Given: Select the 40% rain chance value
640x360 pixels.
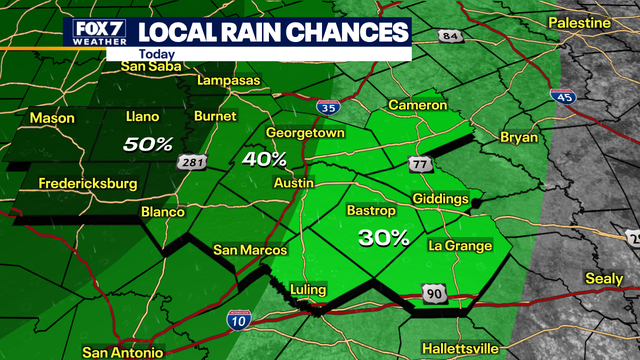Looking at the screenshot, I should click(x=264, y=159).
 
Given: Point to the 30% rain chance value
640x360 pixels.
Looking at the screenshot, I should click(x=384, y=238).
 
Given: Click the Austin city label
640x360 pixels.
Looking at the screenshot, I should click(x=293, y=183).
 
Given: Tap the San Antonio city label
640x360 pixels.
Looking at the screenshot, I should click(x=122, y=352).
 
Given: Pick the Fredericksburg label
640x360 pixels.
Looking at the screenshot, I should click(x=86, y=184).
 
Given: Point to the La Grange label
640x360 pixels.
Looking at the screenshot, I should click(x=460, y=245).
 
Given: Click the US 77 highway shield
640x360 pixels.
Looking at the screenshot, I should click(x=418, y=163).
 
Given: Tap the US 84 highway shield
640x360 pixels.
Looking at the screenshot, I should click(x=451, y=37).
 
